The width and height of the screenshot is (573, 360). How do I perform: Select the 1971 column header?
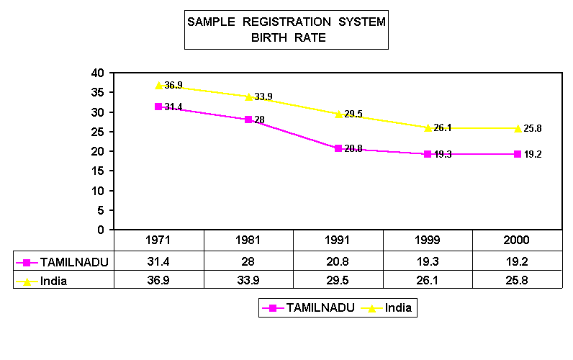(159, 240)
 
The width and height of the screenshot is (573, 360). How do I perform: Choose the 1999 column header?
(428, 240)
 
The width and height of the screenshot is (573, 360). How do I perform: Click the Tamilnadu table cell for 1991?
(338, 261)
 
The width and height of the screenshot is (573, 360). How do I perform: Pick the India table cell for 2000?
(517, 280)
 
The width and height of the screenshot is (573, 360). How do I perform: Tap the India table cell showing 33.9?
(248, 280)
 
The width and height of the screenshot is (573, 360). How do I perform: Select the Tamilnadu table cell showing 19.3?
(428, 261)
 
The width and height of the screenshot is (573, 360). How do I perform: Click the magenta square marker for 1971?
(159, 107)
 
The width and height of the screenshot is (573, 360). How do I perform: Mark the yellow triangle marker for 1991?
(338, 114)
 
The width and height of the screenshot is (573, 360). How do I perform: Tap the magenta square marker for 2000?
(517, 154)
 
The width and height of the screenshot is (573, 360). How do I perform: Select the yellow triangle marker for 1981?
(248, 96)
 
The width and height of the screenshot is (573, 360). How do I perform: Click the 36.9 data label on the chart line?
(173, 85)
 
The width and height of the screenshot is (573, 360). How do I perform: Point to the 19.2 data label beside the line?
(532, 154)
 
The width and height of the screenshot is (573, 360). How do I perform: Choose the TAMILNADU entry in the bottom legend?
(320, 307)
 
